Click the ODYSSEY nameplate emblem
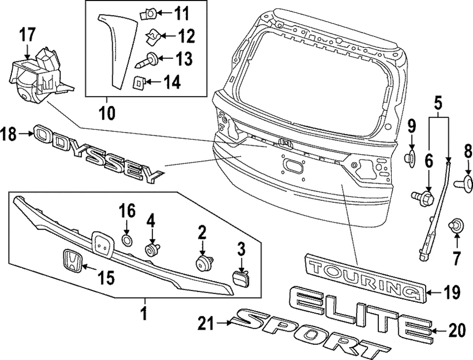coord(99,152)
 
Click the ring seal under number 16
coord(127,241)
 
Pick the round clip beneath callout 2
coord(202,262)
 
